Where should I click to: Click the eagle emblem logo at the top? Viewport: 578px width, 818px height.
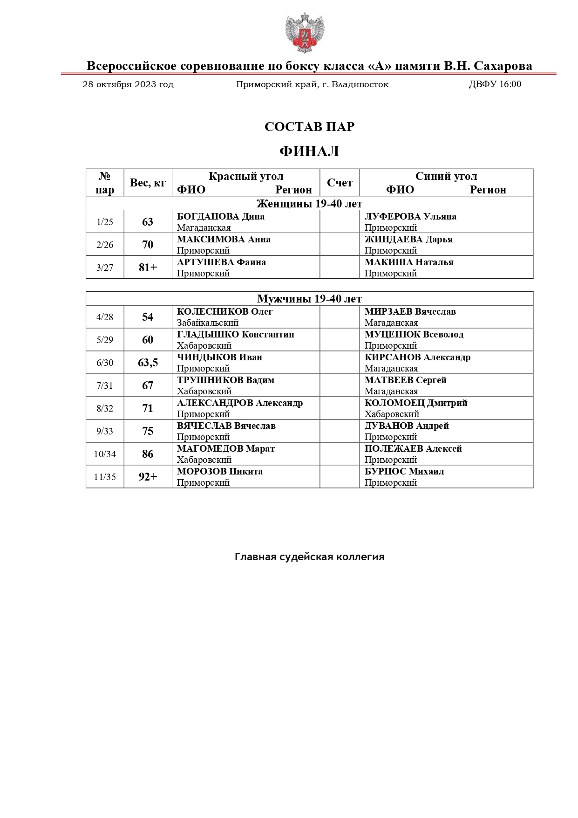click(x=305, y=33)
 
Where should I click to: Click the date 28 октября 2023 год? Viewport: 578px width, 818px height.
click(x=128, y=84)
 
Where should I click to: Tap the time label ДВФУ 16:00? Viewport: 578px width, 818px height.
click(x=495, y=84)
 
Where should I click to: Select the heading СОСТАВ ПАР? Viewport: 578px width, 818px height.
click(x=309, y=127)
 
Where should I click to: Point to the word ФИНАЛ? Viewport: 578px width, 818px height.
click(x=309, y=151)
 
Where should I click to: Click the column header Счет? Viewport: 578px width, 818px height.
click(x=340, y=183)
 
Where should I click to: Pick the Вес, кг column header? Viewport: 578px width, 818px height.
click(x=148, y=183)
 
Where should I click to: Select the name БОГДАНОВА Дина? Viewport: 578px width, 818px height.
click(x=221, y=216)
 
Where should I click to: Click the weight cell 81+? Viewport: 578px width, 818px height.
click(x=148, y=268)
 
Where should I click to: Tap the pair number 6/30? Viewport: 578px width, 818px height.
click(x=105, y=363)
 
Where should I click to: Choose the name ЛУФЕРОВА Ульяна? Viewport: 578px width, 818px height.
click(x=410, y=216)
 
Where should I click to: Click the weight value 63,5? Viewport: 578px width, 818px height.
click(x=148, y=363)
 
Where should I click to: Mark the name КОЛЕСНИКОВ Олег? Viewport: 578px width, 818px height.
click(x=224, y=311)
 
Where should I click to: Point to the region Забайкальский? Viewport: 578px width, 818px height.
click(x=208, y=323)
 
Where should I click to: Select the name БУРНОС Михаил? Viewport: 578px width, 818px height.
click(x=404, y=471)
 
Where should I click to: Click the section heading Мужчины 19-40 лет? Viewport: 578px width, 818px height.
click(x=309, y=299)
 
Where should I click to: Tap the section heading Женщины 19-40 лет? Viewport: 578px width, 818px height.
click(x=309, y=204)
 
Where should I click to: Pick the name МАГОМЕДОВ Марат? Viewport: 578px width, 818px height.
click(x=226, y=448)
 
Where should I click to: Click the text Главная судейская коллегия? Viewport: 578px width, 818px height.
click(x=309, y=557)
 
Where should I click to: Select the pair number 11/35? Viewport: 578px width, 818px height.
click(x=105, y=477)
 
